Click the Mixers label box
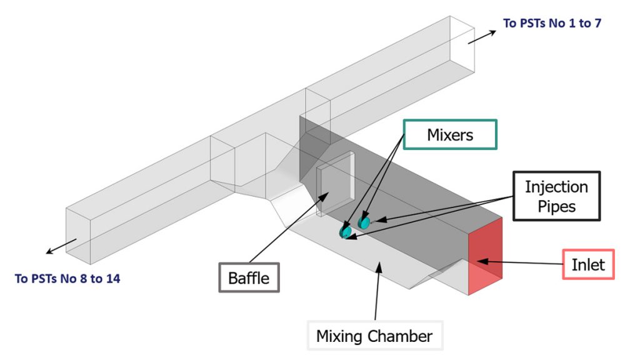[450, 134]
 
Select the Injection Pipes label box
[556, 196]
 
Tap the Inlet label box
[588, 264]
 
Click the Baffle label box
[249, 276]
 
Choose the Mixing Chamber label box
[374, 336]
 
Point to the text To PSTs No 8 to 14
[67, 279]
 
